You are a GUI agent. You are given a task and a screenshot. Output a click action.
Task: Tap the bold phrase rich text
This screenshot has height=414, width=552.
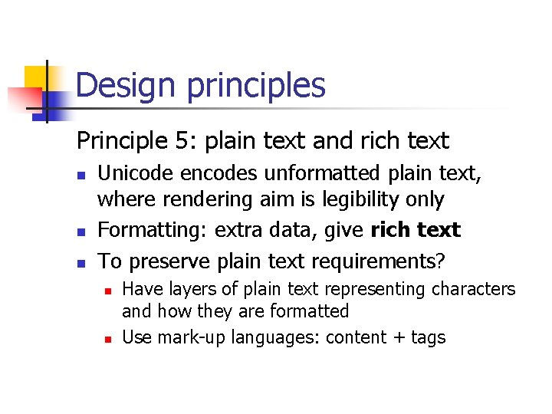coord(415,229)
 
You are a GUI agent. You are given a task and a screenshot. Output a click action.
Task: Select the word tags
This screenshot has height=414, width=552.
coord(429,337)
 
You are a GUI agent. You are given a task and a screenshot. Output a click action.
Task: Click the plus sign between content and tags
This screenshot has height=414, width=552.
coord(398,337)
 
